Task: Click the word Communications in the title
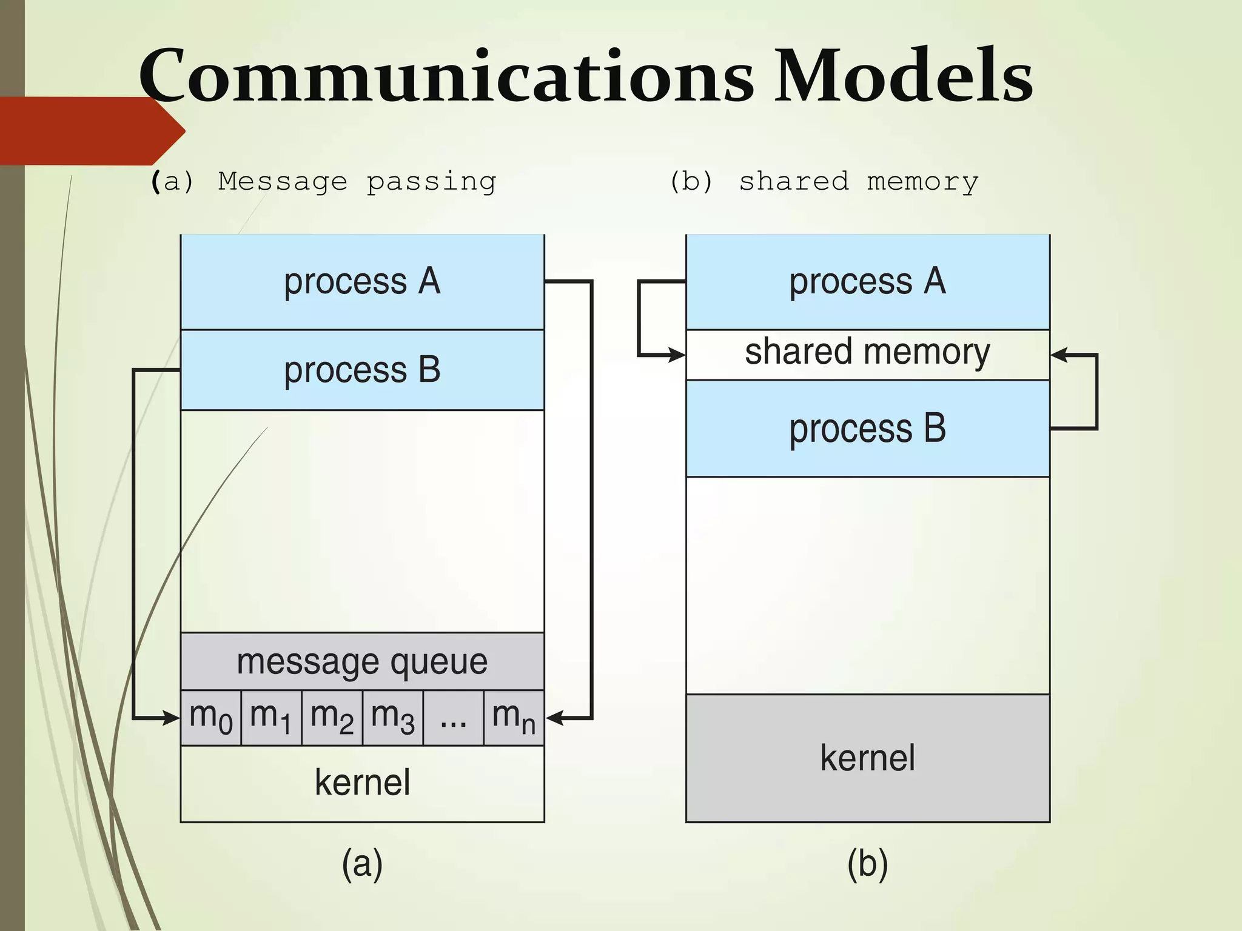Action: coord(446,76)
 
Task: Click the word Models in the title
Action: coord(904,76)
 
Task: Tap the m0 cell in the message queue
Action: coord(210,718)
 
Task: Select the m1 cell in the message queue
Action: coord(271,718)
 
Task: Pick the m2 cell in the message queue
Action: coord(332,718)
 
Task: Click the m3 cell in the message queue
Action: coord(392,718)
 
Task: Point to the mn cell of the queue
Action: coord(514,718)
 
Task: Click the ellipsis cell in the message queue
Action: coord(453,718)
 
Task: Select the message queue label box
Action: coord(362,661)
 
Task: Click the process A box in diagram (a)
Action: coord(362,282)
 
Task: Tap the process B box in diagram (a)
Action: coord(362,370)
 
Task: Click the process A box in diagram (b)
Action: coord(867,282)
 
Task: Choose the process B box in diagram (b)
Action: coord(867,429)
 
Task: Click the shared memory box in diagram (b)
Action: coord(867,355)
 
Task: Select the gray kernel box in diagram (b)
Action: coord(867,758)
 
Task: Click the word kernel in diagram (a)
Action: coord(362,783)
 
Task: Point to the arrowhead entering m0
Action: coord(172,718)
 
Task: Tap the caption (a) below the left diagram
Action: coord(362,864)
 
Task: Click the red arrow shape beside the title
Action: coord(91,130)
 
